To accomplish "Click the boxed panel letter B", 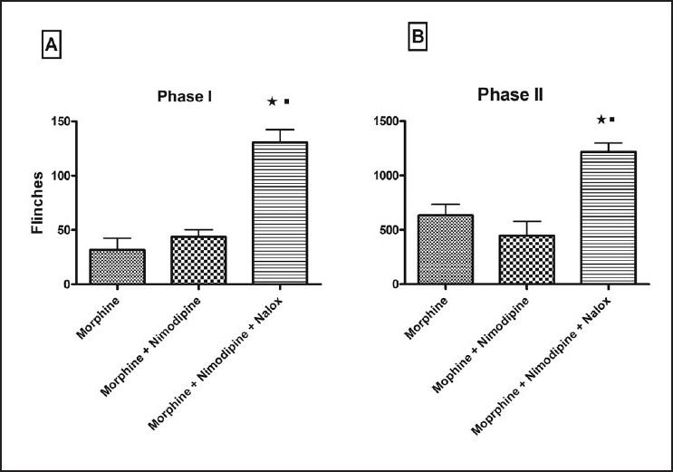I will click(418, 38).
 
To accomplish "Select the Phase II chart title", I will click(510, 94).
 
